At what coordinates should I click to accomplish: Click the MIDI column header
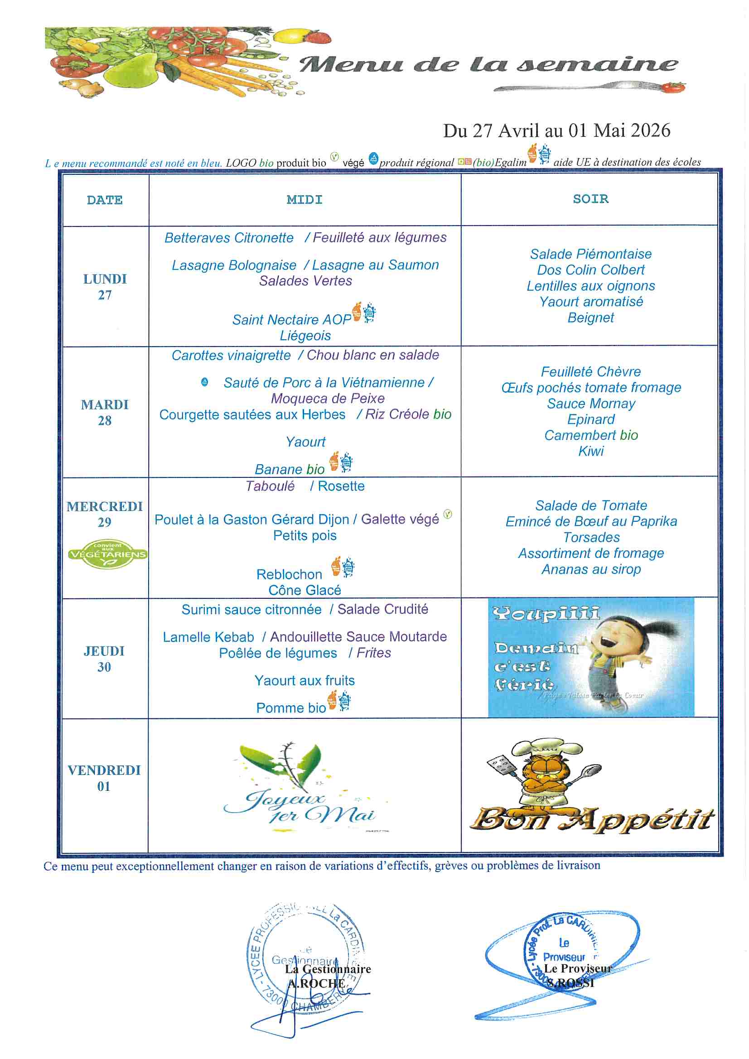point(304,200)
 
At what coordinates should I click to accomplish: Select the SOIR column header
point(590,199)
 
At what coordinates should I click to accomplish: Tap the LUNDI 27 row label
point(105,286)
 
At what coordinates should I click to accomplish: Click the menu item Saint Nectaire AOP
point(291,319)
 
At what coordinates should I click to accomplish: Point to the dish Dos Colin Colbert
point(590,270)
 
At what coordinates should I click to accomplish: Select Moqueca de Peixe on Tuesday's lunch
point(327,398)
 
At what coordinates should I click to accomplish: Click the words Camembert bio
point(591,435)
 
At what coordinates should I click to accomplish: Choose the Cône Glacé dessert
point(304,590)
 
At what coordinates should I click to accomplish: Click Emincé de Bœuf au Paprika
point(591,521)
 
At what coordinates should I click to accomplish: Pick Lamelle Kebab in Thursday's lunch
point(208,637)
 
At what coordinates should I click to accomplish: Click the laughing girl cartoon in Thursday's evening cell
point(619,655)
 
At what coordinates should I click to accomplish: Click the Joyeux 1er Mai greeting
point(300,807)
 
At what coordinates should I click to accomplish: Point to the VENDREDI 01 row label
point(104,778)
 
